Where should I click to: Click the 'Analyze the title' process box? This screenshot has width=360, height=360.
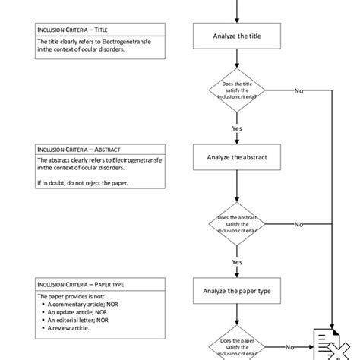click(x=236, y=35)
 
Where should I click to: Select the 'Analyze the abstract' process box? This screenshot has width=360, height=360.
click(x=236, y=158)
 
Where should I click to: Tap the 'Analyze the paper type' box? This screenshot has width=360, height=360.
click(x=236, y=290)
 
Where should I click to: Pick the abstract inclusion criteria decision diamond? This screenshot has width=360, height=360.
click(x=236, y=225)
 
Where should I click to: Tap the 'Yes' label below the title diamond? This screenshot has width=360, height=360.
click(x=236, y=128)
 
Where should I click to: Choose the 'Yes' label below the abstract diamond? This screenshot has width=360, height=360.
click(x=236, y=261)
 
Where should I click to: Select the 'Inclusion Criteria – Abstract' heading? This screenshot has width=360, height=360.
click(x=79, y=150)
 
